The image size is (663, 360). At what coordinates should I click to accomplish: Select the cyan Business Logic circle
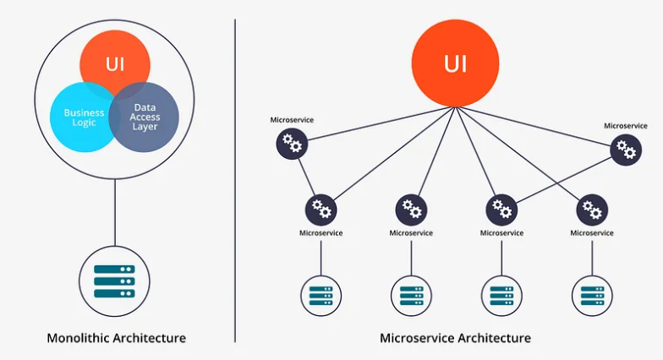(81, 117)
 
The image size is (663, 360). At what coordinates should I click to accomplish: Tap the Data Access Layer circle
(145, 117)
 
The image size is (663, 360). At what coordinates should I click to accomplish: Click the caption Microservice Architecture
(455, 338)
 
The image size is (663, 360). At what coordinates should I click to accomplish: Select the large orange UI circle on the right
(454, 63)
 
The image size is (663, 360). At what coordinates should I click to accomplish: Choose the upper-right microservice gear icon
(626, 150)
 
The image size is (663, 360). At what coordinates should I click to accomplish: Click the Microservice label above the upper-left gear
(292, 120)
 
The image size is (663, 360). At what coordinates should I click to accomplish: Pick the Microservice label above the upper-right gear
(626, 126)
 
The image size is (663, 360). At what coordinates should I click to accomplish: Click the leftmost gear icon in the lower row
(321, 209)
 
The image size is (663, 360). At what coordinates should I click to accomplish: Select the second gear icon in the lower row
(412, 209)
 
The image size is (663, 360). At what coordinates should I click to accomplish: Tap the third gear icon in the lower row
(501, 209)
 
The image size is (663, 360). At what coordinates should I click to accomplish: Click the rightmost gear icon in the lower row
(592, 209)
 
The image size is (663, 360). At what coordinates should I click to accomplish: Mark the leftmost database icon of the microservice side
(321, 296)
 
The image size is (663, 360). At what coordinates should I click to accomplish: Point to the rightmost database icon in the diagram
(592, 296)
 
